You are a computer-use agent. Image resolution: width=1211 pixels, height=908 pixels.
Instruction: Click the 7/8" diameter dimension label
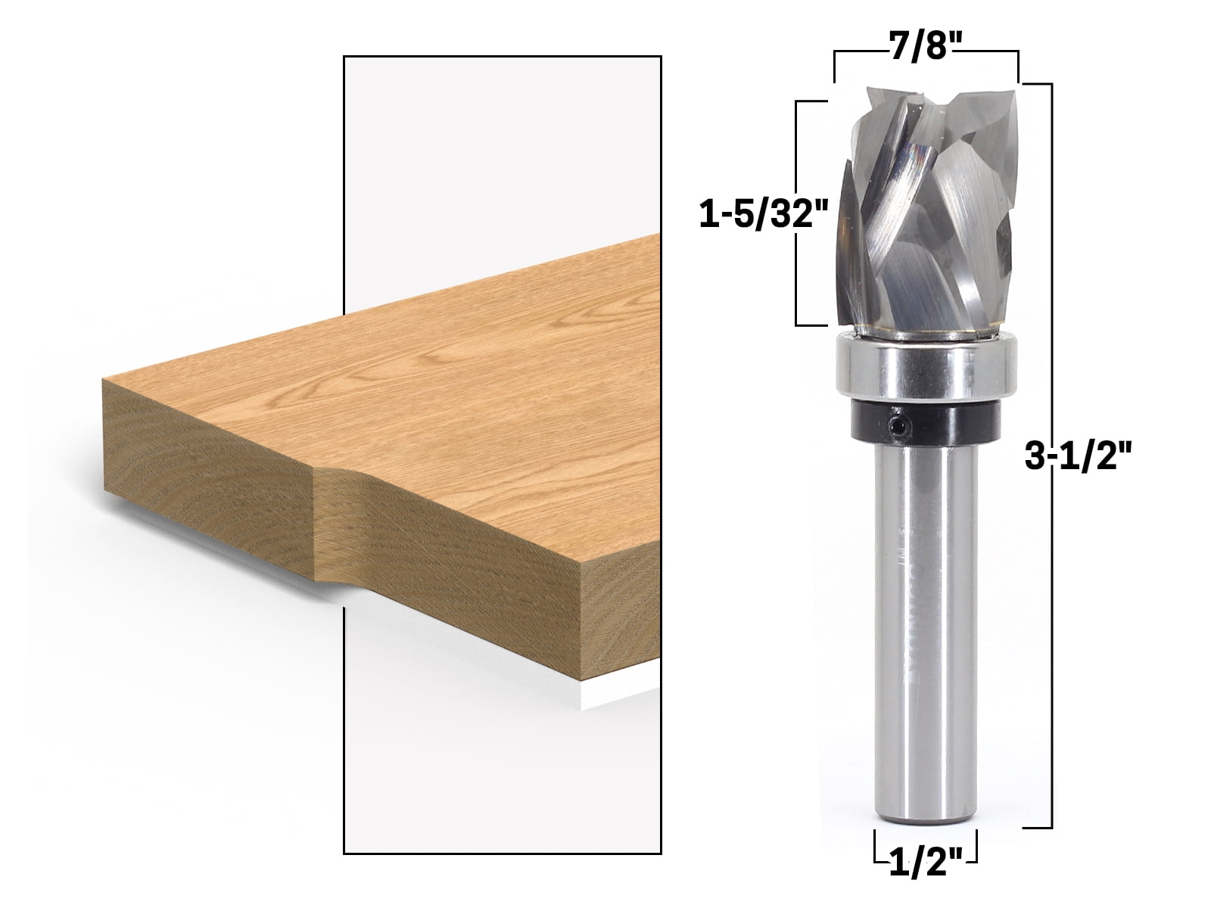point(925,36)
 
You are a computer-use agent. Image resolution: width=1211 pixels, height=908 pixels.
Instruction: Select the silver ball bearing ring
point(925,369)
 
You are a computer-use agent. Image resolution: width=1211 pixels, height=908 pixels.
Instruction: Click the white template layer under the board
point(621,692)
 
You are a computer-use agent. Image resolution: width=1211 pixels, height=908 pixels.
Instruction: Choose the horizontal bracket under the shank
point(925,860)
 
